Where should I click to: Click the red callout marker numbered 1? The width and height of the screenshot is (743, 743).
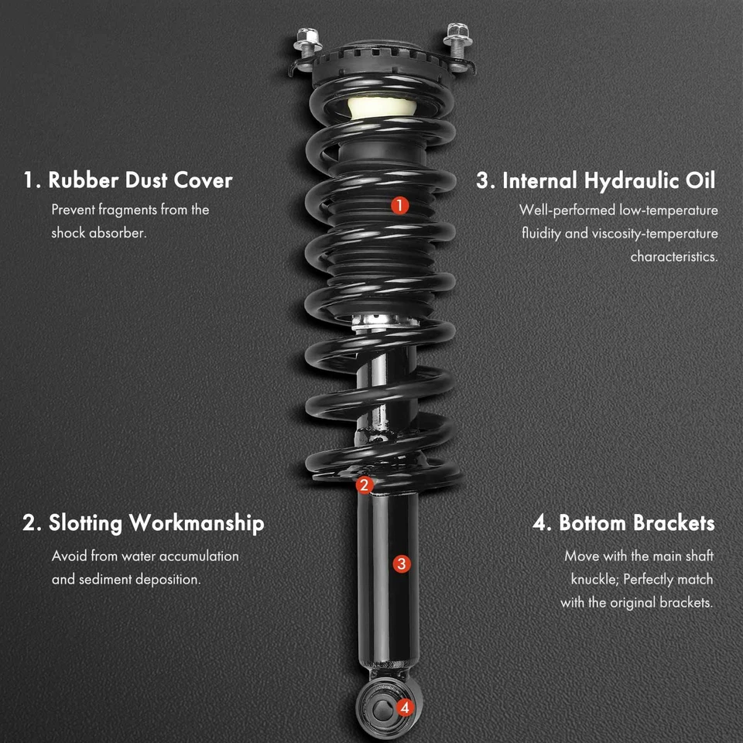399,205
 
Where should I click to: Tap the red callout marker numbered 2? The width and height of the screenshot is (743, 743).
364,485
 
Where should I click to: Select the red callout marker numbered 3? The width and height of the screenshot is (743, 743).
401,563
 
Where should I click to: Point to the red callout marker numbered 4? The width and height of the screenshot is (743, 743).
403,707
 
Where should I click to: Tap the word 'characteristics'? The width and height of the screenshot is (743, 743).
673,256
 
